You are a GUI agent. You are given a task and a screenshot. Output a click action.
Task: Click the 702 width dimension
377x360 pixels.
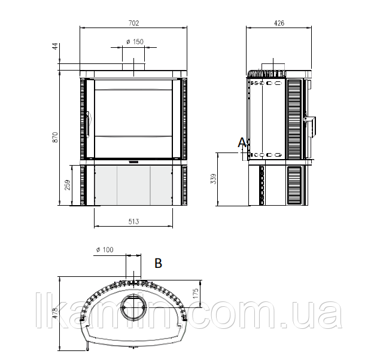coord(133,23)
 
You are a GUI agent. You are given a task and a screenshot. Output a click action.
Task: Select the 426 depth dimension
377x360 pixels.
coord(279,23)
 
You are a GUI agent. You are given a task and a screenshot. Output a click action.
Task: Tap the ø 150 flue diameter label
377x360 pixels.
coord(135,42)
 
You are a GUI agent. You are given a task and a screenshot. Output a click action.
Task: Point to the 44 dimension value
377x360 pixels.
coord(55,46)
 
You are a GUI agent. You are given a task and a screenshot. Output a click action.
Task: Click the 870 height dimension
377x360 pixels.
coord(55,137)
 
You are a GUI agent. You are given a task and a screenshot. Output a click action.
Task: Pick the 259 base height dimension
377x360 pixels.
coord(68,185)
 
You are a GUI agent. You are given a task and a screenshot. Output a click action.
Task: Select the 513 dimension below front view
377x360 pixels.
coord(133,221)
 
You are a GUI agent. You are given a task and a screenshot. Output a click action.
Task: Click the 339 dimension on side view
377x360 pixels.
coord(213,179)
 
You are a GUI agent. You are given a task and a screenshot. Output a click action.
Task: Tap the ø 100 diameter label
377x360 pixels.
coord(105,250)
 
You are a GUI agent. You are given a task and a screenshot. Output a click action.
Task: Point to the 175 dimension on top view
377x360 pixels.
coord(196,294)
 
